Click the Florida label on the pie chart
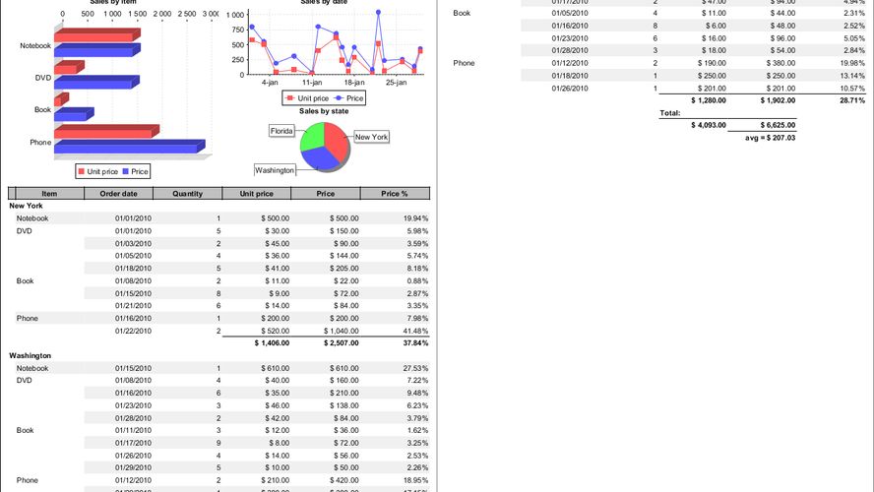282,130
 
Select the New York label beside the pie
371,138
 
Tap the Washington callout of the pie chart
275,170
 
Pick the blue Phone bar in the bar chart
128,147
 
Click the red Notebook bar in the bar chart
94,36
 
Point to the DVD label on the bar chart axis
42,78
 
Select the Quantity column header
187,194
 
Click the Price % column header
394,194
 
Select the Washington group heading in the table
31,355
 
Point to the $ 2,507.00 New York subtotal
338,342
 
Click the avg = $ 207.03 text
769,138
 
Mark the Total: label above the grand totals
670,113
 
